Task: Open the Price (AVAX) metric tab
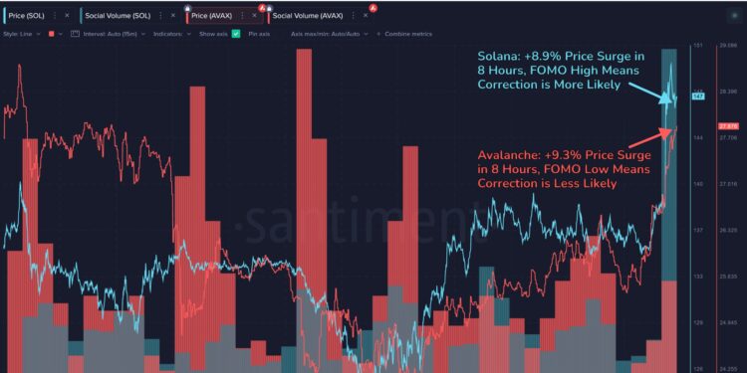click(x=212, y=16)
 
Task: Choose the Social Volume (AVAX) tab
click(x=308, y=16)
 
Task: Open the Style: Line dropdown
click(x=23, y=33)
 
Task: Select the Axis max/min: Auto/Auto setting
click(x=330, y=33)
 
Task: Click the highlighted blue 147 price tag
click(x=699, y=96)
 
